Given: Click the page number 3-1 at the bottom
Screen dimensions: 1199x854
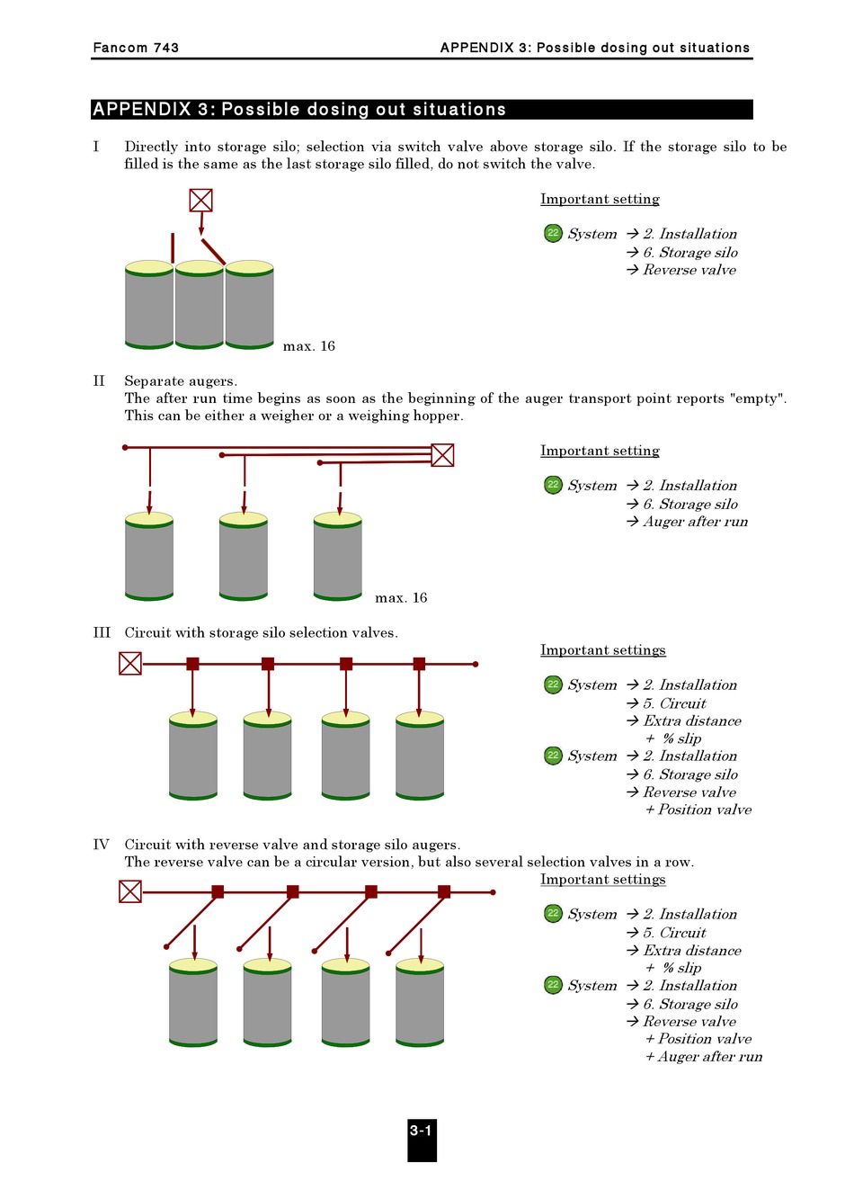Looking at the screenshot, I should click(422, 1132).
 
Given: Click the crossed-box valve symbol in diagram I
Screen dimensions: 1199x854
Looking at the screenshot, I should click(200, 200).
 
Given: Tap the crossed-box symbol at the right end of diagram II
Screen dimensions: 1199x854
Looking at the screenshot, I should click(442, 455).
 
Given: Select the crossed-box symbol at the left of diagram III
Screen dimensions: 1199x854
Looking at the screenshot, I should click(130, 664).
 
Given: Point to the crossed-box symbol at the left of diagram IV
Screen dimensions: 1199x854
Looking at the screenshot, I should click(130, 891).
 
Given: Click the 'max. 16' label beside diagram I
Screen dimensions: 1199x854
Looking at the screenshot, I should click(308, 346).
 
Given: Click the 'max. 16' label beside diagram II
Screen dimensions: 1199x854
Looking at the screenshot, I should click(401, 598).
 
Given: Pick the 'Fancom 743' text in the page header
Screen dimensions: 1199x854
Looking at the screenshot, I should click(136, 48).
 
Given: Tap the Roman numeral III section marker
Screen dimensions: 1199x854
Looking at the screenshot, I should click(102, 633).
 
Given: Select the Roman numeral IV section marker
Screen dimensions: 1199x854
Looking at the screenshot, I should click(102, 845).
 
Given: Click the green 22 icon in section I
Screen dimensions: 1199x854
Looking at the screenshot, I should click(553, 234).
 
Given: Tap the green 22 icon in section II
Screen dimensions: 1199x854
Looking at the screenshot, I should click(553, 486).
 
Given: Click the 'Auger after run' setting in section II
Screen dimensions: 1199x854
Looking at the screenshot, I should click(695, 522).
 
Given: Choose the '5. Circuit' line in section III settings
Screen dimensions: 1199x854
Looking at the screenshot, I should click(674, 703).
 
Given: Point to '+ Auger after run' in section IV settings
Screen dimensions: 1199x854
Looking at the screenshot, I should click(704, 1057).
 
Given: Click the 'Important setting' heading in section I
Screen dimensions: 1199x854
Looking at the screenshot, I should click(600, 200).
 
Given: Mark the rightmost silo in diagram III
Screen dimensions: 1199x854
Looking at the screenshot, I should click(420, 757).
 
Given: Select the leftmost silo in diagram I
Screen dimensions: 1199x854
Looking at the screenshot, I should click(149, 306).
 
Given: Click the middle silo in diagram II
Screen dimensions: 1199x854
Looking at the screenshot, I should click(244, 558).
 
